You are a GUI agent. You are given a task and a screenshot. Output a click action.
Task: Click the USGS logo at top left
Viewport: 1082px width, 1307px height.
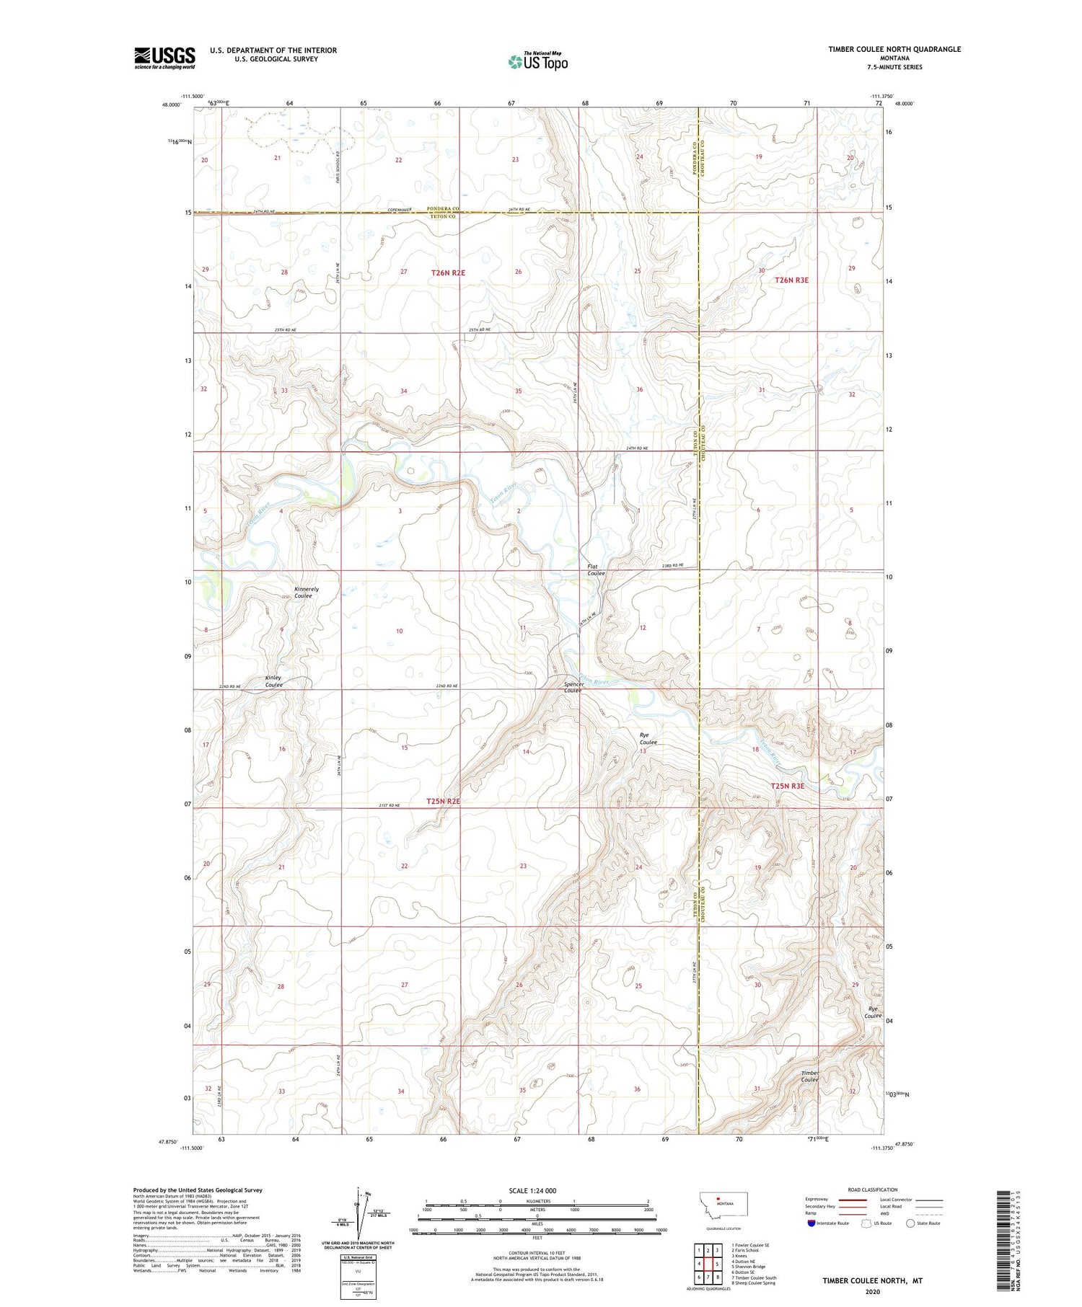164,58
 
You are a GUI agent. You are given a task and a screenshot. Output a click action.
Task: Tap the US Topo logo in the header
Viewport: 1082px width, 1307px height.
537,62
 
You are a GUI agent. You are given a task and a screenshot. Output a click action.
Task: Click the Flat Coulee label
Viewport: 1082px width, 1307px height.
596,570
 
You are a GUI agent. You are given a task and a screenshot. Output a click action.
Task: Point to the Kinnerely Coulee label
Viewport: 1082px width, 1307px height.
306,593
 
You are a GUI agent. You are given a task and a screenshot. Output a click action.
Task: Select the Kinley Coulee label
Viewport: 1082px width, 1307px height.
274,681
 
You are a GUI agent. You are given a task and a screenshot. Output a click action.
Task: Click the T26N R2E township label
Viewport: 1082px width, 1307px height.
448,273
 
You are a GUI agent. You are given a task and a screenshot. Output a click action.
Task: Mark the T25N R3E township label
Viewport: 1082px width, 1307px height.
788,786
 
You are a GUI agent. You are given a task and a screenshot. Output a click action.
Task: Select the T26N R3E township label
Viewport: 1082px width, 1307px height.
791,280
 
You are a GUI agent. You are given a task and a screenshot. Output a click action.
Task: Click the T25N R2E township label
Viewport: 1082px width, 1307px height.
443,801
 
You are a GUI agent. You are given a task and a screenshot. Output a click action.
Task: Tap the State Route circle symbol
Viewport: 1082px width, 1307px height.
910,1223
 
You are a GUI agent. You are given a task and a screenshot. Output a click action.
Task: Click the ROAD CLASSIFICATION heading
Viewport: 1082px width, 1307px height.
873,1189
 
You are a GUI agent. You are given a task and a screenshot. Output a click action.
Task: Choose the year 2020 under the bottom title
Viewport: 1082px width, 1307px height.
872,1290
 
